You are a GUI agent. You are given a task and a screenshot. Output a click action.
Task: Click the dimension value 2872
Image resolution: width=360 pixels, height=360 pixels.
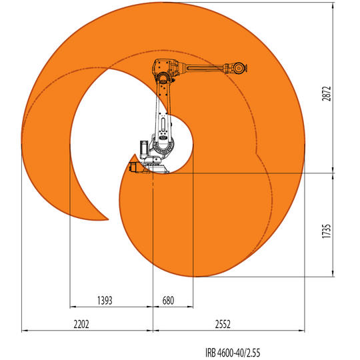coord(327,93)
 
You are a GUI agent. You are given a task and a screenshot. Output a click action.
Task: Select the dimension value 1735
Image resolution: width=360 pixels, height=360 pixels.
coord(327,231)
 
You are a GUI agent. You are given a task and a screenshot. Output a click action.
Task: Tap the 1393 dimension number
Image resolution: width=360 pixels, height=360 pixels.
coord(105,300)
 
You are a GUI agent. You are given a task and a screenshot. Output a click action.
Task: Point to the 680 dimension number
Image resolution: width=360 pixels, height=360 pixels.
coord(168,300)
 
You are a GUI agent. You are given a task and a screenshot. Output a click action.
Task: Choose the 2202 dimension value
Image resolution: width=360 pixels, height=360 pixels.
coord(81,324)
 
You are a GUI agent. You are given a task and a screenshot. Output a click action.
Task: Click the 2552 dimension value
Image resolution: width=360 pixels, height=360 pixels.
coord(223,324)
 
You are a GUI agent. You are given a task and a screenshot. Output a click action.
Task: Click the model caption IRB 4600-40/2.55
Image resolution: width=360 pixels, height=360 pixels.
coord(233,353)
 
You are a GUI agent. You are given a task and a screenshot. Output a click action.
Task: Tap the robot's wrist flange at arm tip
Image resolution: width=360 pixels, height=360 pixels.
coord(245,68)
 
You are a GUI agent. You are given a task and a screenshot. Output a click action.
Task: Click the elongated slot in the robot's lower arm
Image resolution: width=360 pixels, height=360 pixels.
coord(163,124)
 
